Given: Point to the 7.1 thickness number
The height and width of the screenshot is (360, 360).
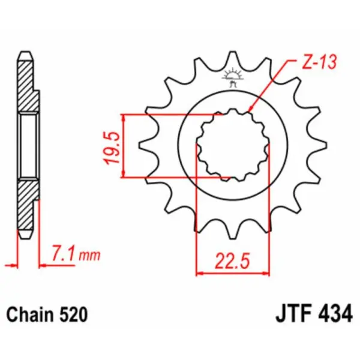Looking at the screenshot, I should [64, 255].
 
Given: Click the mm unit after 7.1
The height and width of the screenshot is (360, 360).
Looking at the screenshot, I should [89, 257].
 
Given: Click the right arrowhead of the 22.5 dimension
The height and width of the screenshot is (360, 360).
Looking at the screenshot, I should [264, 274].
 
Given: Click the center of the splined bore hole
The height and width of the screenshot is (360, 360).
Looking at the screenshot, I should [233, 145].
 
